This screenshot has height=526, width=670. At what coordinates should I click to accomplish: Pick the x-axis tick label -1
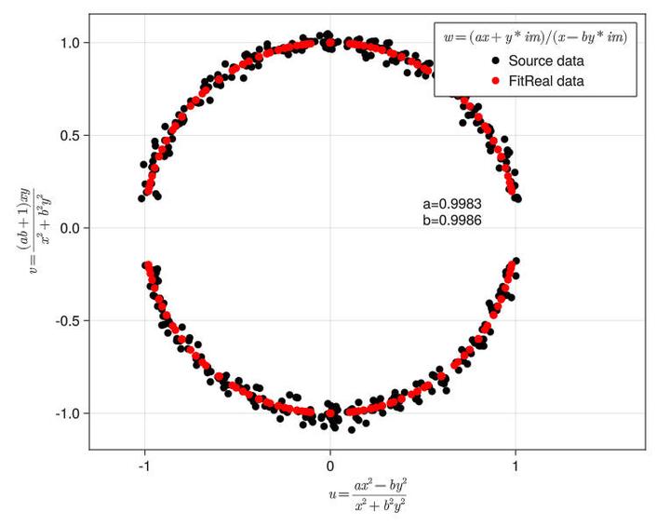point(143,466)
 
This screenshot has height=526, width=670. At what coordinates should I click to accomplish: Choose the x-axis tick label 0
point(330,466)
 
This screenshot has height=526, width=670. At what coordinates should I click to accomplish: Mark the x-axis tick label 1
point(516,466)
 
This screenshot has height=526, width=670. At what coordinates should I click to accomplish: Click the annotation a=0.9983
point(451,204)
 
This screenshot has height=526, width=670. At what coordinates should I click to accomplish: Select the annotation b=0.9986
point(451,221)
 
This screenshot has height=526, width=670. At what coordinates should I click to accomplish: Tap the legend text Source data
point(553,61)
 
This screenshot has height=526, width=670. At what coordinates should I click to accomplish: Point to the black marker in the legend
point(496,61)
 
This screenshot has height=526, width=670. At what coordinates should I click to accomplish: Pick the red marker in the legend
point(496,81)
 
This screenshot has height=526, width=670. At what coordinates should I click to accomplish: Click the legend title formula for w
point(535,37)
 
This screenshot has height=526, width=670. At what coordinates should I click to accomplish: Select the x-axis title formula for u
point(368,494)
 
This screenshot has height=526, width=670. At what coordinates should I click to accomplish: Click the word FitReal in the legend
point(538,81)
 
